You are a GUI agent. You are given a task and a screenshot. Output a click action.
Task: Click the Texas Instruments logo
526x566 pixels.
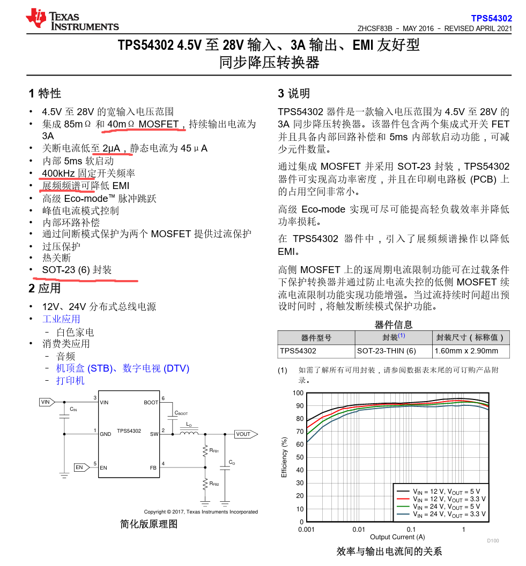click(x=72, y=19)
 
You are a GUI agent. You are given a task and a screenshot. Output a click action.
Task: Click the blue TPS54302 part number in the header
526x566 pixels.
click(x=491, y=18)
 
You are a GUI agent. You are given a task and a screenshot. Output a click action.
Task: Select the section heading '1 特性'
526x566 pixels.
click(x=45, y=93)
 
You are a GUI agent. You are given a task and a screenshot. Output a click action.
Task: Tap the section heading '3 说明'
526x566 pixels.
click(x=294, y=93)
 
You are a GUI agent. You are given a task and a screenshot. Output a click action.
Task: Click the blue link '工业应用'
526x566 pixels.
click(x=61, y=319)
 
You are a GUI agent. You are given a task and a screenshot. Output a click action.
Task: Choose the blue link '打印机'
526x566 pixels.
click(x=70, y=380)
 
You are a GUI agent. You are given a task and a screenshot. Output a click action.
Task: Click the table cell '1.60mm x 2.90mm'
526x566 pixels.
click(x=467, y=351)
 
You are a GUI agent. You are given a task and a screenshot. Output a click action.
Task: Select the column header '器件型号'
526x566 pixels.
click(x=316, y=337)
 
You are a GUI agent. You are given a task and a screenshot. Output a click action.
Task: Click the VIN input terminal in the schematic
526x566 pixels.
click(x=46, y=402)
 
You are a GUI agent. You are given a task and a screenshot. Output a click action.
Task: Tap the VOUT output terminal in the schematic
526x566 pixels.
click(x=245, y=434)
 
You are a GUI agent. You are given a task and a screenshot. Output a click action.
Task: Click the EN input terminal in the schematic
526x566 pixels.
click(x=80, y=467)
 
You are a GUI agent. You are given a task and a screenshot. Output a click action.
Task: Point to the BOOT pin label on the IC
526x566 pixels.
click(x=151, y=402)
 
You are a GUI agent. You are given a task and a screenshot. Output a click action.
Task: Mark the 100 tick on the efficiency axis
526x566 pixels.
click(x=298, y=393)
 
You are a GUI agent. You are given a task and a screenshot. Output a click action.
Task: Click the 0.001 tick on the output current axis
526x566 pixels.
click(x=306, y=530)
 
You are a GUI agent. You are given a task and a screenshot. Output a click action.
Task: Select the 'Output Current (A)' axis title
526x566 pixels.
click(x=397, y=537)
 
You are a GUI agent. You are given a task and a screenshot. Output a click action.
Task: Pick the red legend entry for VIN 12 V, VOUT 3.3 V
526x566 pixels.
click(x=440, y=499)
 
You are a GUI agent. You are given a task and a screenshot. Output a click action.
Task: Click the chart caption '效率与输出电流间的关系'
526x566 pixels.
click(x=389, y=551)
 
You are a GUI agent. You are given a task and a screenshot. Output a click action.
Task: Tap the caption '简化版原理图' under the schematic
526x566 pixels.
click(x=149, y=524)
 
